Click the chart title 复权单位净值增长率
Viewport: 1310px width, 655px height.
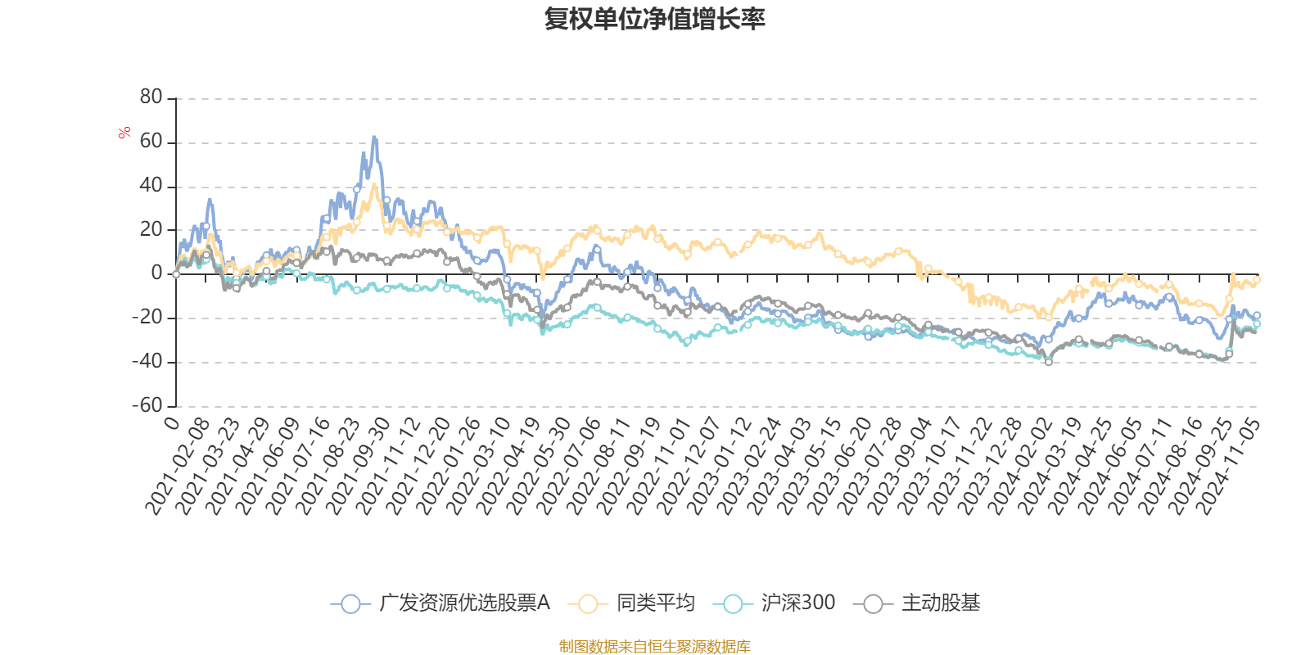coord(655,19)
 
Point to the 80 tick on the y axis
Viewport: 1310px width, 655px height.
coord(151,97)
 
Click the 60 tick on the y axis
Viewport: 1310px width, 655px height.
coord(151,142)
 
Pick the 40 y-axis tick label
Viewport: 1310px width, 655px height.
coord(151,186)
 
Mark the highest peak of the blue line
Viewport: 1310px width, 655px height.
coord(374,138)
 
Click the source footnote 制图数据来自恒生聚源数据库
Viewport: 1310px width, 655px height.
coord(654,647)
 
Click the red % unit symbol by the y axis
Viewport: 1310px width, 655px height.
coord(124,133)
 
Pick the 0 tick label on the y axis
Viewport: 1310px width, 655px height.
coord(157,273)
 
